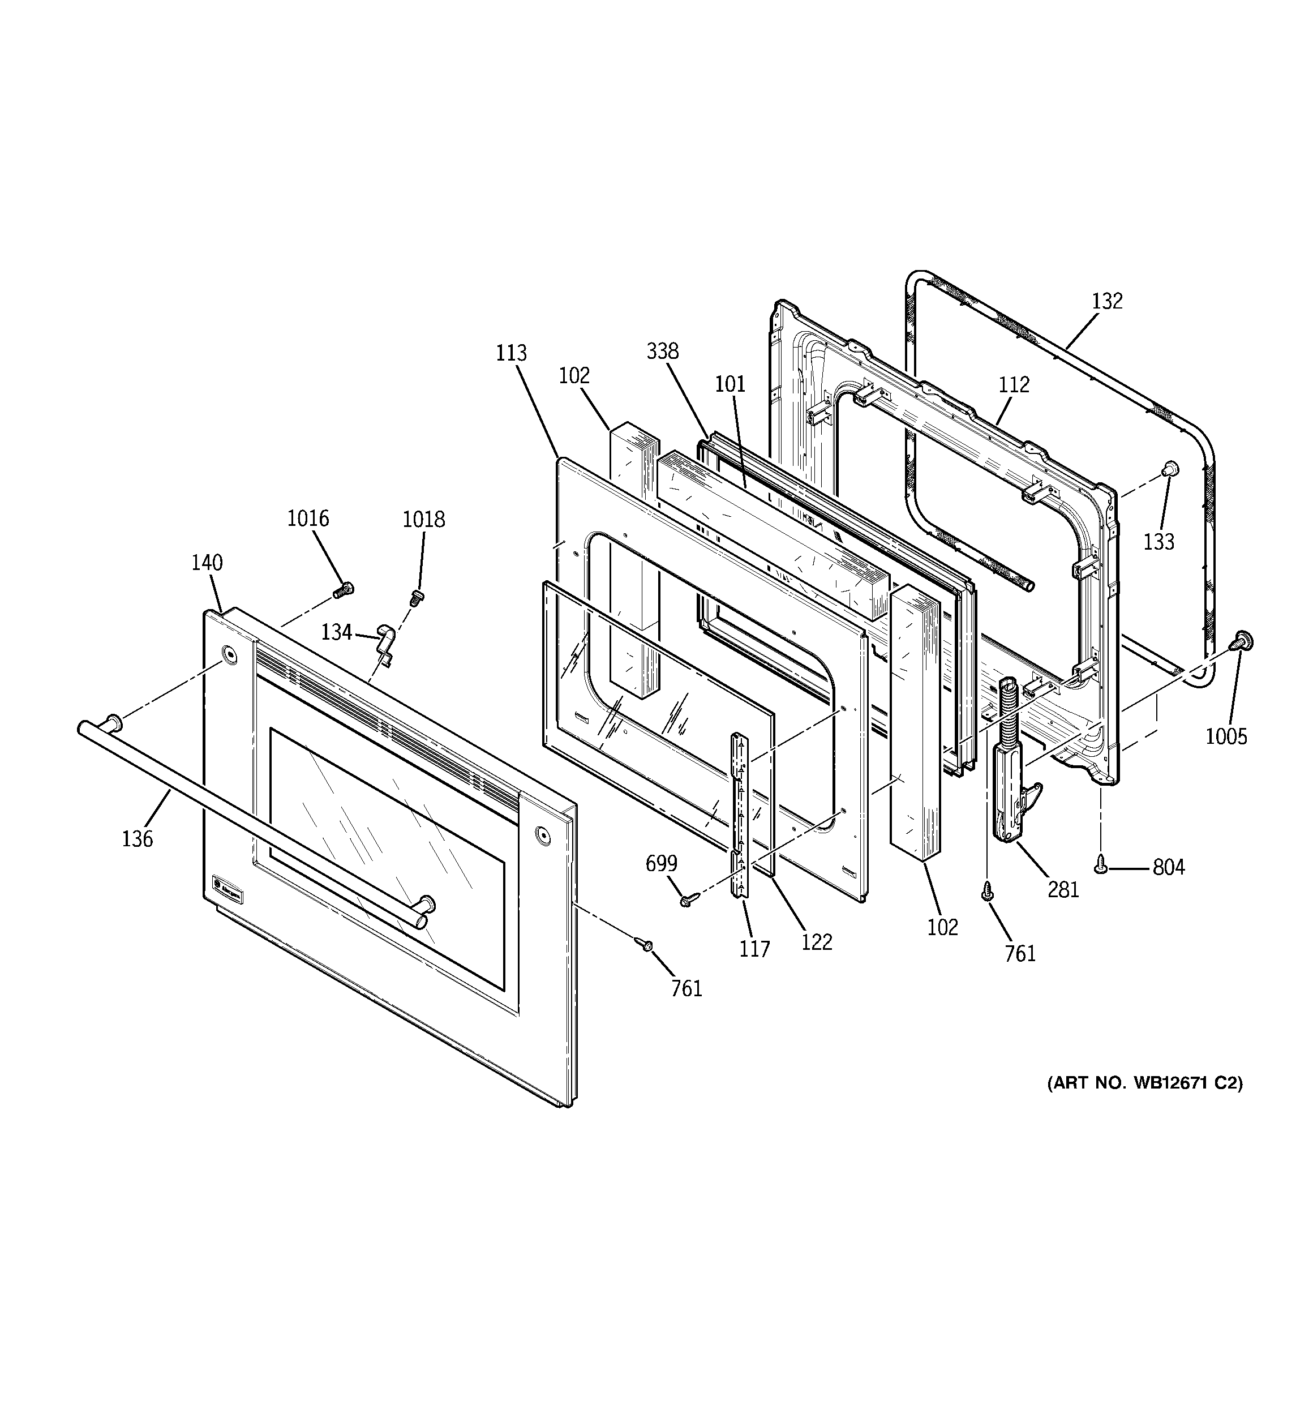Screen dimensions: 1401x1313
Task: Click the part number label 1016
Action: pyautogui.click(x=307, y=518)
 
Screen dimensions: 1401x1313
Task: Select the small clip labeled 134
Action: pyautogui.click(x=385, y=639)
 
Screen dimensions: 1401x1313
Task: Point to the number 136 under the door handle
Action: pyautogui.click(x=137, y=839)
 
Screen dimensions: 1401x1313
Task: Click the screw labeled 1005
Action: pyautogui.click(x=1242, y=641)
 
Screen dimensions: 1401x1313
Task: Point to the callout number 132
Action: pyautogui.click(x=1106, y=301)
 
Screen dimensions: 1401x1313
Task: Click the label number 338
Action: pyautogui.click(x=663, y=351)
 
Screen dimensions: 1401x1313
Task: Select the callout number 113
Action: pyautogui.click(x=511, y=352)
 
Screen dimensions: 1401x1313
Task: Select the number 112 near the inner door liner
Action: pyautogui.click(x=1014, y=384)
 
